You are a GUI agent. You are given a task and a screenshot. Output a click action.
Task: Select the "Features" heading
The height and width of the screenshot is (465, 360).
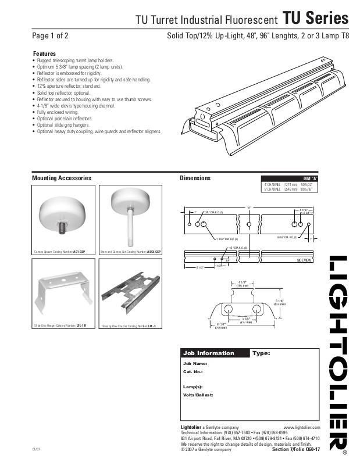click(x=44, y=53)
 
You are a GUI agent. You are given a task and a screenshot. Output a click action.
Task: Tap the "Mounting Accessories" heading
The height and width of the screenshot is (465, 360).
click(x=61, y=178)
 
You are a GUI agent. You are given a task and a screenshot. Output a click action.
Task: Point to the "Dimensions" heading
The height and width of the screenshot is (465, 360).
click(x=195, y=178)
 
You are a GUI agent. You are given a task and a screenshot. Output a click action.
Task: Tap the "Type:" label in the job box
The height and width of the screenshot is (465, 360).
click(x=261, y=353)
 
